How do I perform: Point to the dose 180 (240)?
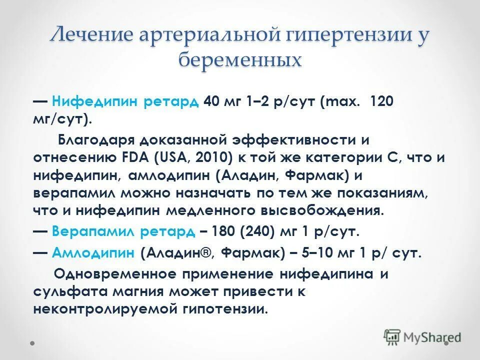tap(239, 232)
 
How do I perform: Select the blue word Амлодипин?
tap(93, 253)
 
